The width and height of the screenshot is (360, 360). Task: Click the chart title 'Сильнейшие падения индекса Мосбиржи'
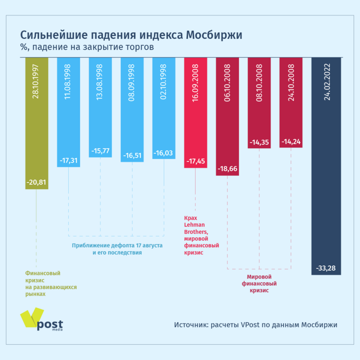pyautogui.click(x=131, y=36)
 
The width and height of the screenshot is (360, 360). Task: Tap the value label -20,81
pyautogui.click(x=37, y=182)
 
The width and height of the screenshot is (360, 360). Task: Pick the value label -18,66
pyautogui.click(x=227, y=169)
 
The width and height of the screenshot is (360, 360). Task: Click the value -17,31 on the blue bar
pyautogui.click(x=69, y=161)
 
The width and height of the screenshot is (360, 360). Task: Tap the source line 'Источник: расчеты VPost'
pyautogui.click(x=255, y=325)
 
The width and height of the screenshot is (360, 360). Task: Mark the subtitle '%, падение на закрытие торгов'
pyautogui.click(x=87, y=47)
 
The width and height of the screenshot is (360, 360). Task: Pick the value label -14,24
pyautogui.click(x=291, y=141)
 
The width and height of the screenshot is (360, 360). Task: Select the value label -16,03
pyautogui.click(x=164, y=154)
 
